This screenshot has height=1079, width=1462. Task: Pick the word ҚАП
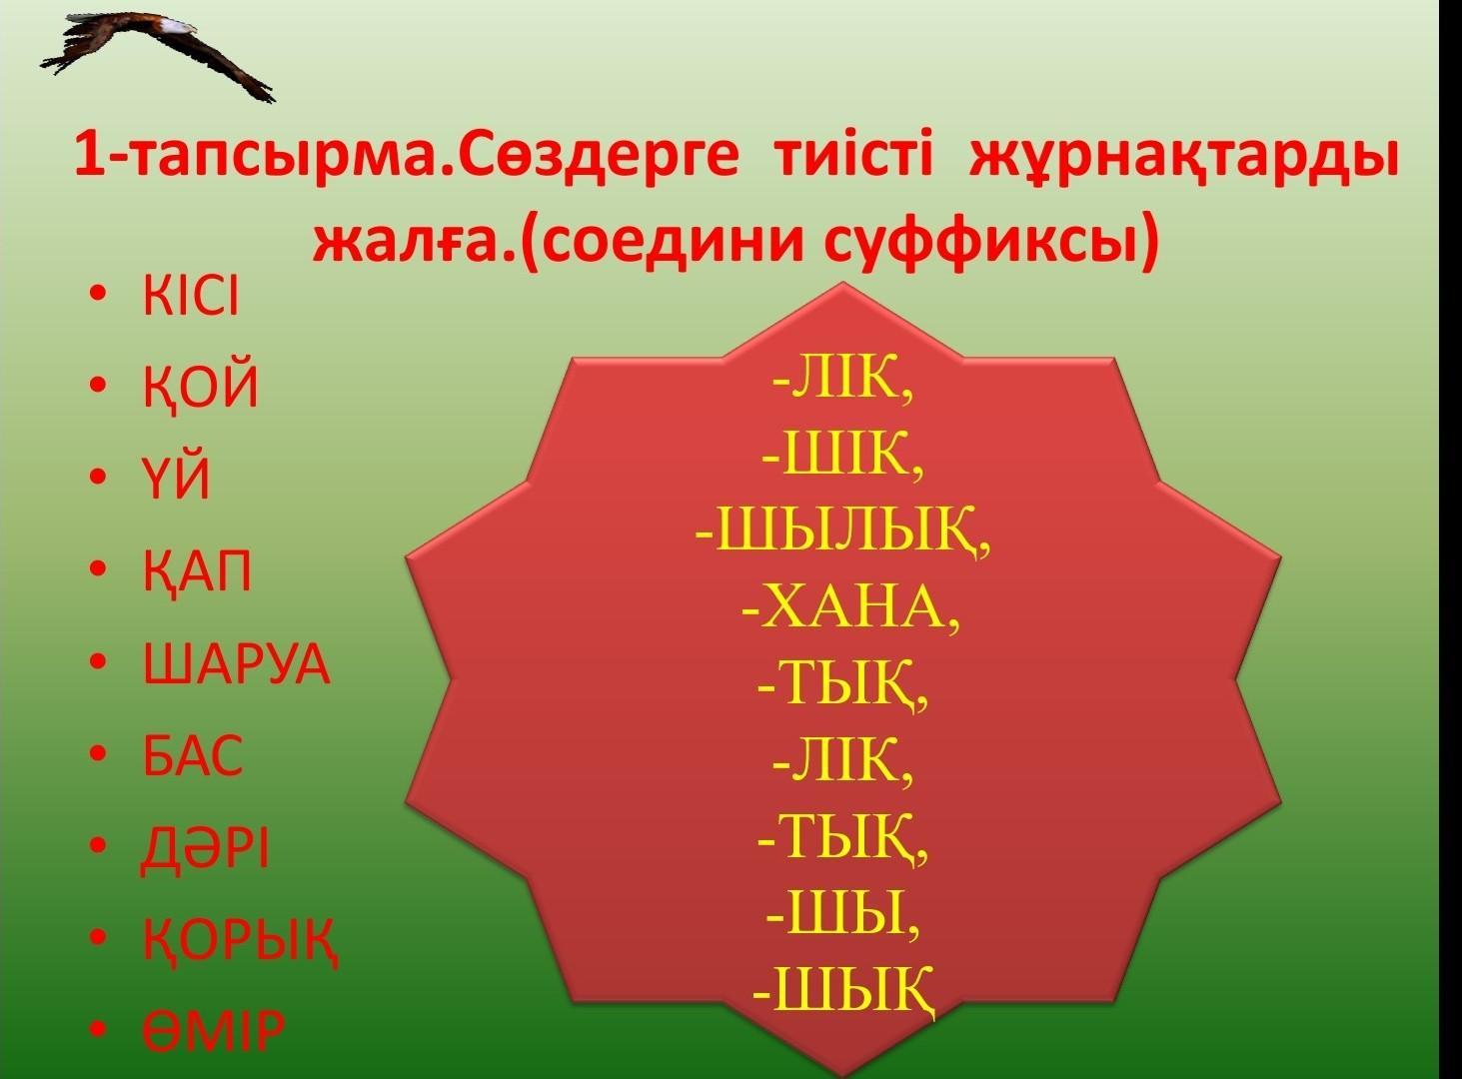pos(197,572)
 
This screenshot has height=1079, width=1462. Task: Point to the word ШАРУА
pos(237,663)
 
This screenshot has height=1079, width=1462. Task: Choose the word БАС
pos(193,755)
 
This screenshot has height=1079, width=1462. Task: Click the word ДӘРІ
pos(204,849)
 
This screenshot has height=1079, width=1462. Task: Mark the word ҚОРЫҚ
pos(241,941)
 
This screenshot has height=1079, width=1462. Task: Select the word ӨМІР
pos(214,1031)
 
